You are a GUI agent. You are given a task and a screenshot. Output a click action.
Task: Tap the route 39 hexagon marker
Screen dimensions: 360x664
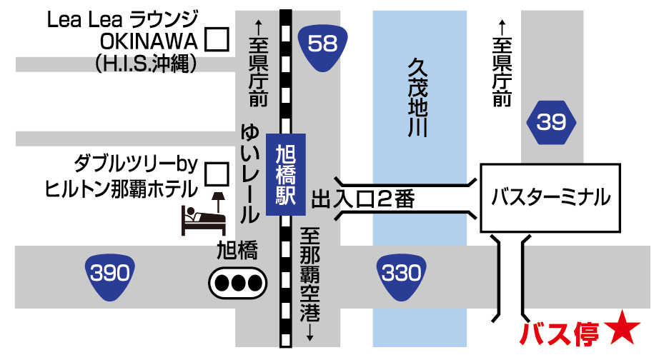click(551, 124)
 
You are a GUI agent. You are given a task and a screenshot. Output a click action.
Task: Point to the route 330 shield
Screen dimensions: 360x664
click(398, 274)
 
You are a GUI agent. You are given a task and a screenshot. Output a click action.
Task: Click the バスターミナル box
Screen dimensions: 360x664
click(551, 196)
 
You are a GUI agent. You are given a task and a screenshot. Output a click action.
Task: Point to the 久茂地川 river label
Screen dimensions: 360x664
click(416, 97)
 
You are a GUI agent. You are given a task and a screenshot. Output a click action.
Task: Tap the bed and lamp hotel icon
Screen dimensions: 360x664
click(204, 212)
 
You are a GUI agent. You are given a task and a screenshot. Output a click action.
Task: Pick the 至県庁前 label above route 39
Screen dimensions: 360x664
click(502, 64)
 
